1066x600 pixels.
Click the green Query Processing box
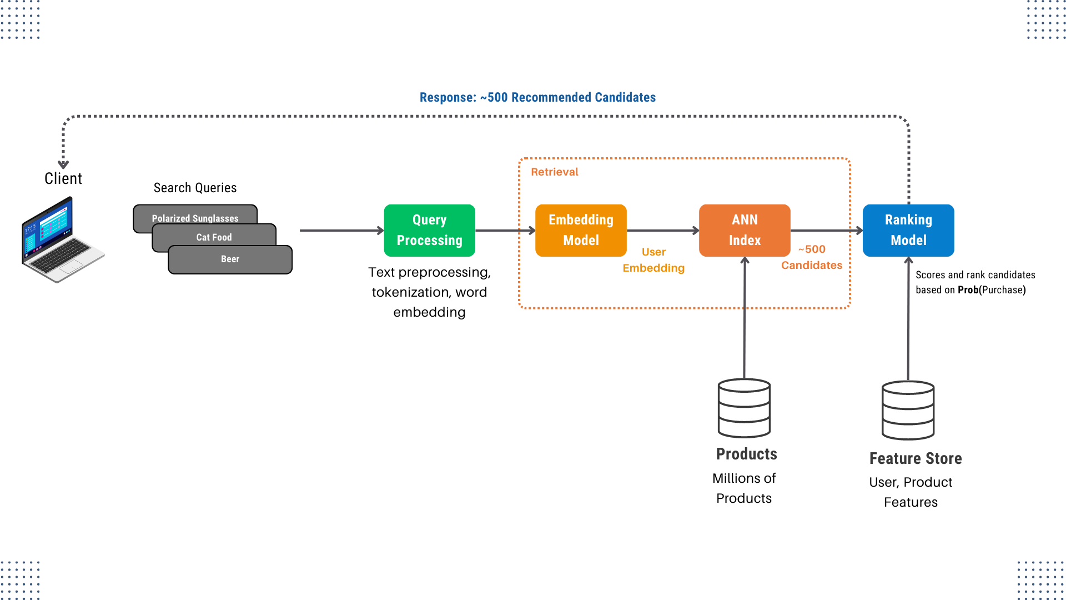point(429,230)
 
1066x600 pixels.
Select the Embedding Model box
point(581,230)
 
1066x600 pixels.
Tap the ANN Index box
point(744,230)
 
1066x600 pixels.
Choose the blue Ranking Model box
point(908,230)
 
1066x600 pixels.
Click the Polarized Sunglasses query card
point(195,214)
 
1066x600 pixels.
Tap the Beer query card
point(230,259)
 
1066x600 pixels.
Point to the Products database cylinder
point(743,408)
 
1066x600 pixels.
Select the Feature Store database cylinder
point(908,410)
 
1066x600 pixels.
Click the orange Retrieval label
point(554,172)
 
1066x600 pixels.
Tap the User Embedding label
point(653,260)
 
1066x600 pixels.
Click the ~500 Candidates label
point(811,257)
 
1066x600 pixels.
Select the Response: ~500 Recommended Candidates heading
point(537,98)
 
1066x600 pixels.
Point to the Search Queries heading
point(195,188)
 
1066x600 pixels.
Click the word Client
point(63,178)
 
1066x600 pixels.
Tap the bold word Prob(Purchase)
point(991,290)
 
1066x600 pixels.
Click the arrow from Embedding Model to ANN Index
point(662,230)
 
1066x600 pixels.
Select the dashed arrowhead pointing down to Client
point(63,164)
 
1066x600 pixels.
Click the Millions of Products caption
point(743,488)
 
